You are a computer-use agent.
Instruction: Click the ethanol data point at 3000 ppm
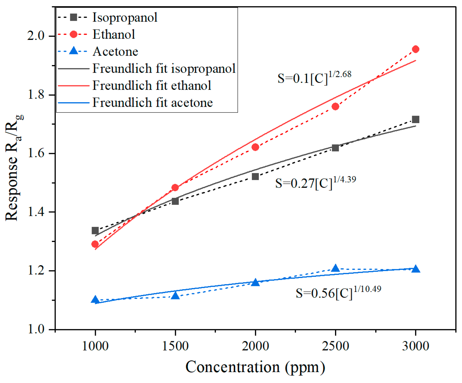(415, 49)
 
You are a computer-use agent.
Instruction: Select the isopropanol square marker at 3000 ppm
(415, 119)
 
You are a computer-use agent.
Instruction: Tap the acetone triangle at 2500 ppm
(335, 268)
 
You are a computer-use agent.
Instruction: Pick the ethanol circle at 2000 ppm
(255, 147)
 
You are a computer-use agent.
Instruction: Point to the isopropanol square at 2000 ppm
(255, 176)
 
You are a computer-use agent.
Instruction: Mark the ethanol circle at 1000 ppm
(95, 244)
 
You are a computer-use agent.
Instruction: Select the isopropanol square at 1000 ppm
(95, 231)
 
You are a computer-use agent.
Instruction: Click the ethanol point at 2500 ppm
(335, 106)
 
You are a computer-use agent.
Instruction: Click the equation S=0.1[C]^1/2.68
(314, 77)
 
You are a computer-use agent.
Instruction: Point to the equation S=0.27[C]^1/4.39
(315, 182)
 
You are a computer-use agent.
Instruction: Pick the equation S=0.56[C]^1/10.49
(338, 292)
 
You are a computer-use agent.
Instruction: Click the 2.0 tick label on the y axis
(36, 36)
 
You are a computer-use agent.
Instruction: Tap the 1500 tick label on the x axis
(175, 346)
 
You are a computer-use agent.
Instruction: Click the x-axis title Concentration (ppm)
(255, 367)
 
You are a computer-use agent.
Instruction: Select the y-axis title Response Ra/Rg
(14, 168)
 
